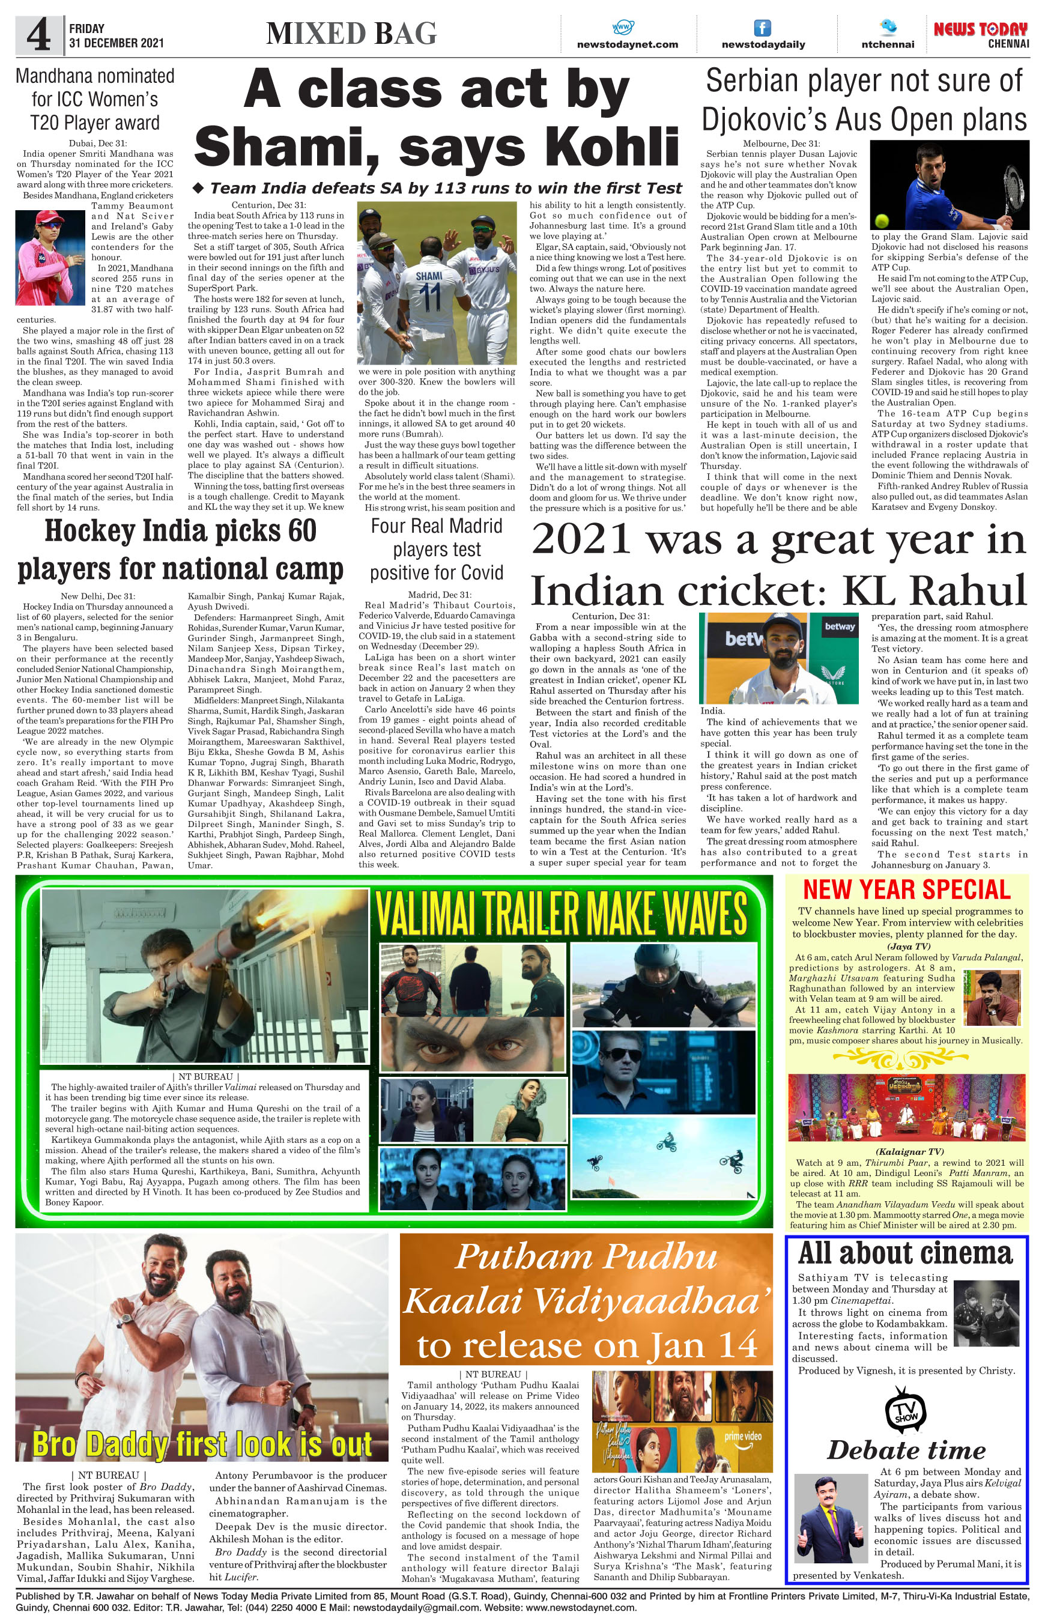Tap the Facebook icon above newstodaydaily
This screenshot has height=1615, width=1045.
click(763, 28)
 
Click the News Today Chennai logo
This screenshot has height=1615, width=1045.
click(981, 34)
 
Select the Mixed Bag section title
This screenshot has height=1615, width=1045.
click(351, 34)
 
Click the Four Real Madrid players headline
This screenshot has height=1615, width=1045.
click(437, 549)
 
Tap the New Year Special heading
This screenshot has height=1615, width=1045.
click(907, 889)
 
